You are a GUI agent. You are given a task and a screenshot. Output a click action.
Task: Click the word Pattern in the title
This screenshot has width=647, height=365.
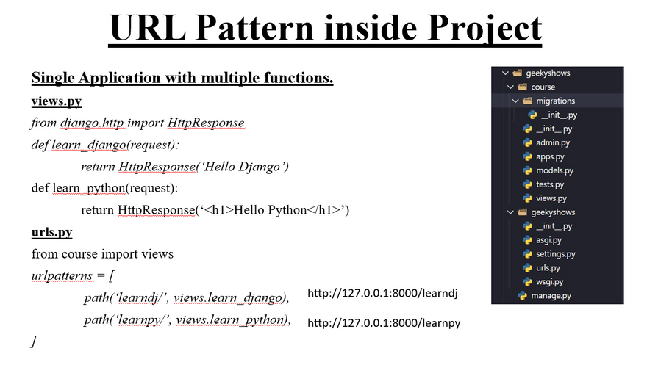(x=255, y=28)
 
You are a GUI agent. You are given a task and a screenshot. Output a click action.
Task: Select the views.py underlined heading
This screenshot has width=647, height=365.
(x=57, y=101)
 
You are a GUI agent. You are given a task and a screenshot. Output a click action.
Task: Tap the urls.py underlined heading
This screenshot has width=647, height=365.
(x=51, y=232)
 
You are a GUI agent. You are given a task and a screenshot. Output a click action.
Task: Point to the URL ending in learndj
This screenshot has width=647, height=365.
(x=382, y=293)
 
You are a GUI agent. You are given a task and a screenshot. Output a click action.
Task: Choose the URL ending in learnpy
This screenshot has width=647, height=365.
(x=384, y=322)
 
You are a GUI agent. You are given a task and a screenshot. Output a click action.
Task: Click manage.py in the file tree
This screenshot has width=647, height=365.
(x=551, y=296)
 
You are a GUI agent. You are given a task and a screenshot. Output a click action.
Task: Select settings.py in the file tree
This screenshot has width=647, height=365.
(x=555, y=254)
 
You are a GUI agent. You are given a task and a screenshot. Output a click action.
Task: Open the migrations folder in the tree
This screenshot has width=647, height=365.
(x=555, y=101)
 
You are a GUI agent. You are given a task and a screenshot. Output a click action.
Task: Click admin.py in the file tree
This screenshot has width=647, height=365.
(x=552, y=142)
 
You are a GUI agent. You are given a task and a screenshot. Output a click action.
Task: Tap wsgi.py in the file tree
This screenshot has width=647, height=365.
(x=550, y=282)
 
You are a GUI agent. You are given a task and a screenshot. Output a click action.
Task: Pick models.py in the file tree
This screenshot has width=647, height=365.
(x=554, y=170)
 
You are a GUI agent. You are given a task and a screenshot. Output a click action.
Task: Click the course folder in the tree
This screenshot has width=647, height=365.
(x=543, y=87)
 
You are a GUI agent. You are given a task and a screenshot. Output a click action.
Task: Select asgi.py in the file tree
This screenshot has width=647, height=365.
(x=548, y=239)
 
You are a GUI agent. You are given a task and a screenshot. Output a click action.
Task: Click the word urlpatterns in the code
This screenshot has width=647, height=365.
(x=62, y=275)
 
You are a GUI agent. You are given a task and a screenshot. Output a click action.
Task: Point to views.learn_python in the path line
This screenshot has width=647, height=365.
(x=231, y=319)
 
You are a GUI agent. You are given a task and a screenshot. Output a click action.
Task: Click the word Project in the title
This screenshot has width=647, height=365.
(x=485, y=28)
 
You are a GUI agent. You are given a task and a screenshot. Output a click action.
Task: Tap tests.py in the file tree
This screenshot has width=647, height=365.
(x=550, y=184)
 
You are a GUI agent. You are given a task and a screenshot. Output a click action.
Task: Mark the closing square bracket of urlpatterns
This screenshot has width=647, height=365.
(x=33, y=341)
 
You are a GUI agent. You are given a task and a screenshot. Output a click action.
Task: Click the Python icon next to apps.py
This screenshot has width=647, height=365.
(x=527, y=156)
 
